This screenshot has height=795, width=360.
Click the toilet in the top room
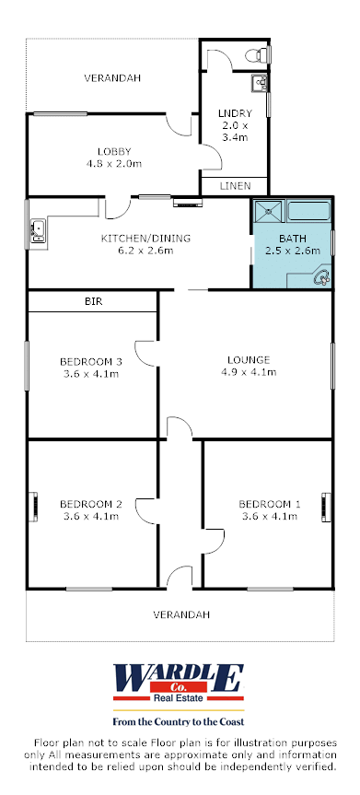258,54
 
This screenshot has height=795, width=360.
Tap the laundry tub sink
259,83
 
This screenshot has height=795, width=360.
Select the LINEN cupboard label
235,185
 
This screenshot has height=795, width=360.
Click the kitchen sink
38,230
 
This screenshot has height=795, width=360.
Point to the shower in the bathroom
269,210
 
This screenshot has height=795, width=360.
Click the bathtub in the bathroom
309,210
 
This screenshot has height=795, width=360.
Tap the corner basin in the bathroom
321,277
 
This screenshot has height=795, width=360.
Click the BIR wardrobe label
93,301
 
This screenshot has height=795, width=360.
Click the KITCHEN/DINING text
145,239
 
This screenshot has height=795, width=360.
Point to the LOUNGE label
248,360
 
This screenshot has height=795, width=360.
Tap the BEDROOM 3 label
91,361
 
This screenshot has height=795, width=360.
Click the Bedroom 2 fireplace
33,507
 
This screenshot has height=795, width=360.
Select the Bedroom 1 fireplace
326,507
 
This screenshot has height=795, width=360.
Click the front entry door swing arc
180,573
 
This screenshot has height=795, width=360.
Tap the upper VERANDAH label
112,78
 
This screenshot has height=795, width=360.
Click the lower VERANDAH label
181,614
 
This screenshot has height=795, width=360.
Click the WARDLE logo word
179,676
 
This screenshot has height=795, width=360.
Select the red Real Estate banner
179,697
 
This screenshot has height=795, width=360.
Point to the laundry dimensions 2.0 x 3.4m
235,131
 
